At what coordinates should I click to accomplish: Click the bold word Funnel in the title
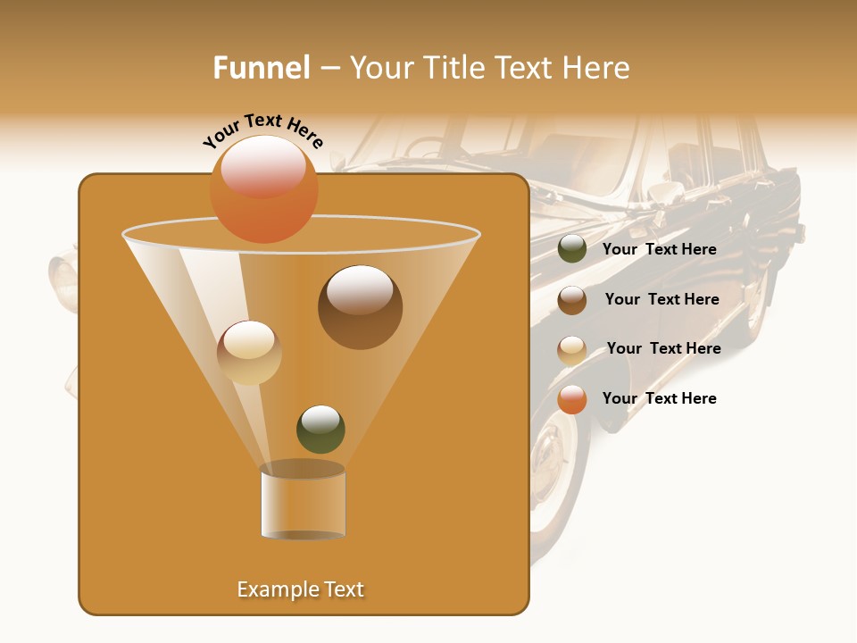pos(262,68)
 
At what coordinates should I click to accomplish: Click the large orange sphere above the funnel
pos(263,189)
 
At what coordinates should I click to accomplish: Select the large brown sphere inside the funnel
pos(360,307)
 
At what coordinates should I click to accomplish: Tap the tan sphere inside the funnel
pos(249,353)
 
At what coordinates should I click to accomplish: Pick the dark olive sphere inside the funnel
pos(320,429)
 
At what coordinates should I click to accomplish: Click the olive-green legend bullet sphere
pos(572,249)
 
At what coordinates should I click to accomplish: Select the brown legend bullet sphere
pos(572,299)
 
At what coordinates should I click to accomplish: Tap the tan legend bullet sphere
pos(572,349)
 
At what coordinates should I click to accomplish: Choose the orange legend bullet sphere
pos(572,399)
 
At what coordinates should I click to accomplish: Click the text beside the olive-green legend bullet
pos(659,249)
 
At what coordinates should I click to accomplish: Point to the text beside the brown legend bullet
pos(661,299)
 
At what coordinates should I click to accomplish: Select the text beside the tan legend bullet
pos(663,348)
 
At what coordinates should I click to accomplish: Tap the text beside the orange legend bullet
pos(659,398)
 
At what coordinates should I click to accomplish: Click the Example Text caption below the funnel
pos(301,589)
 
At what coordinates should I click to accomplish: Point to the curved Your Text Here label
pos(262,130)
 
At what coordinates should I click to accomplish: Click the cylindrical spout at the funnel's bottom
pos(303,503)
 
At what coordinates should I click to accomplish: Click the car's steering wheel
pos(428,148)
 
